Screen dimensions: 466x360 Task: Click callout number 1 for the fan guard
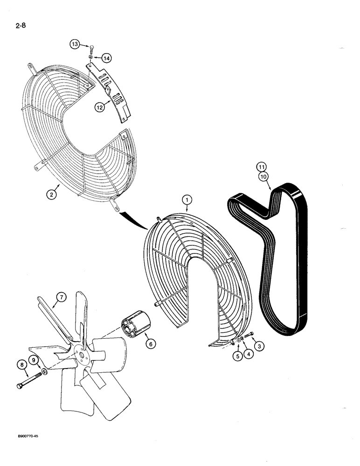187,199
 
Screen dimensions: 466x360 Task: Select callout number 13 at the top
75,44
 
